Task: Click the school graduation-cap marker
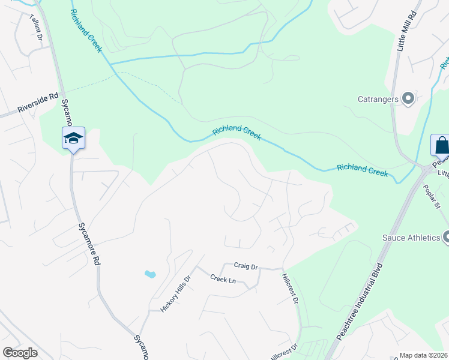(x=73, y=139)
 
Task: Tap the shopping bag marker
(x=441, y=146)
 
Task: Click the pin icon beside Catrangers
(x=409, y=98)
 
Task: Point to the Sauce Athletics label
(x=411, y=238)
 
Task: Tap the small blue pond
(x=150, y=275)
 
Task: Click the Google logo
(x=20, y=353)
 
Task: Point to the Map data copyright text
(x=424, y=355)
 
